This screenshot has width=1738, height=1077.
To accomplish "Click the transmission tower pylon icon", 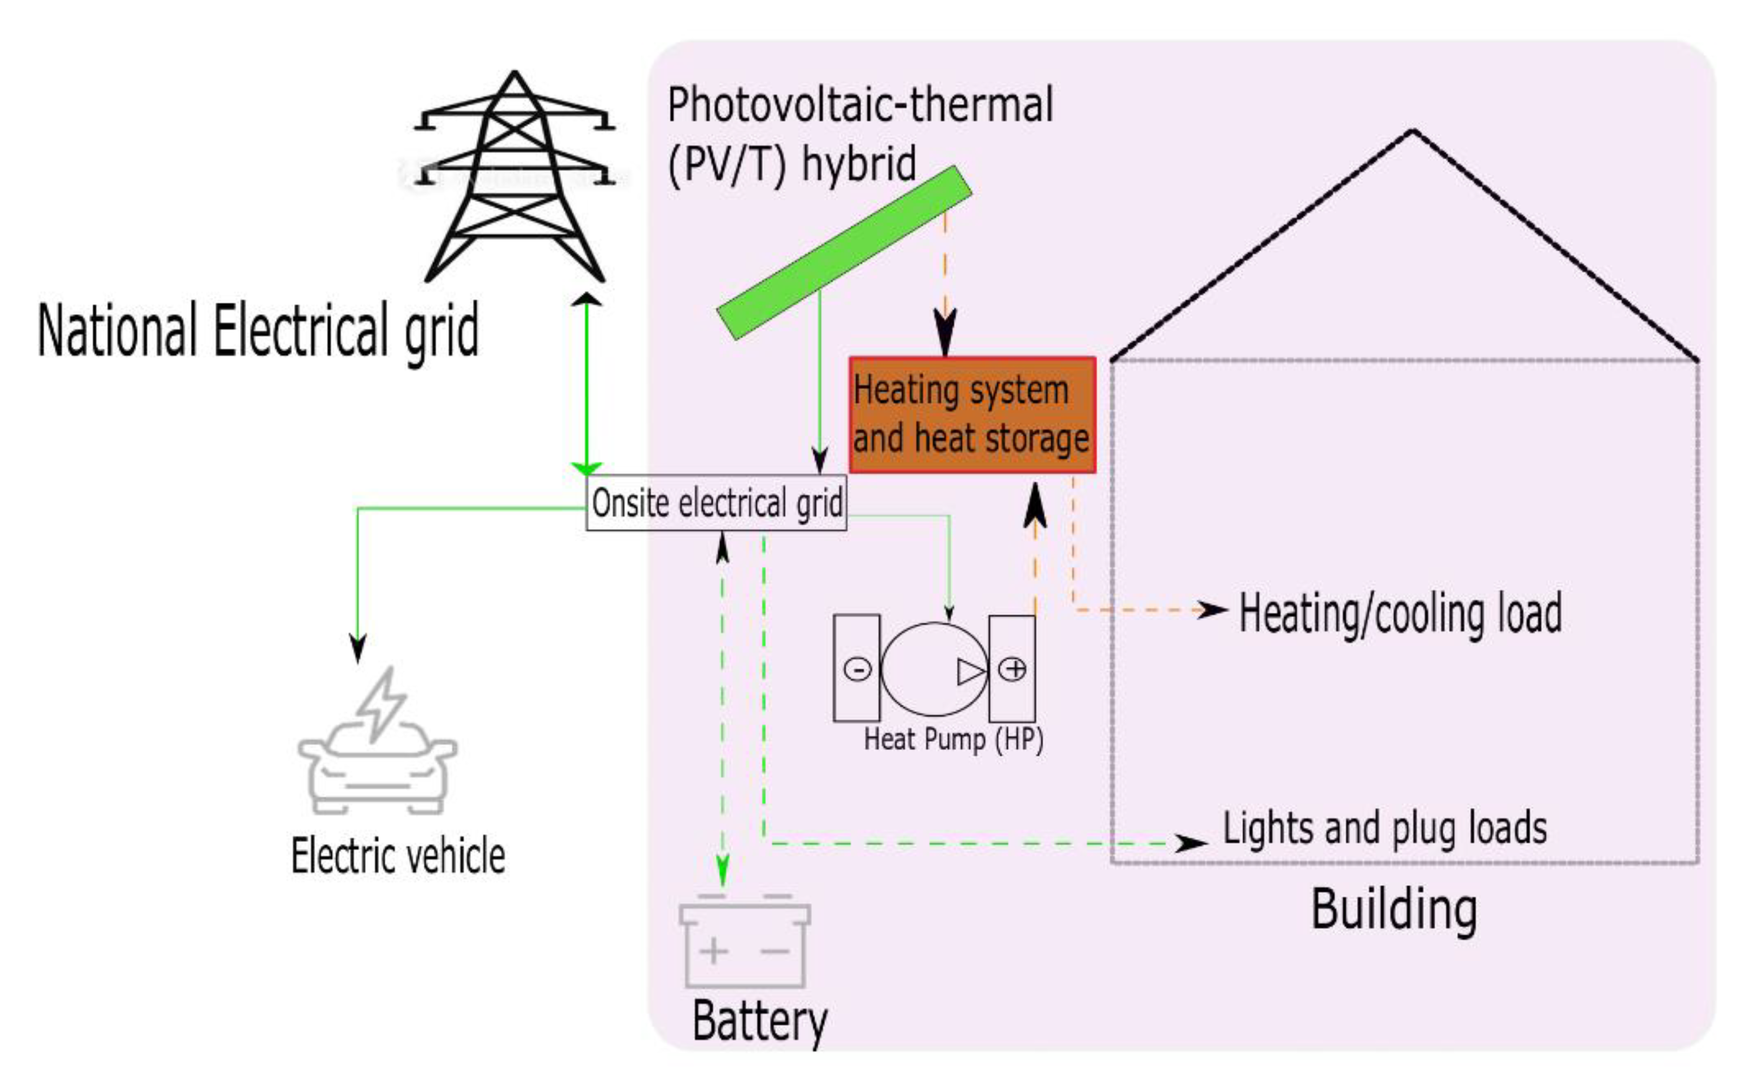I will click(515, 178).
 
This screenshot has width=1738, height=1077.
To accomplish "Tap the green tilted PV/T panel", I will click(844, 253).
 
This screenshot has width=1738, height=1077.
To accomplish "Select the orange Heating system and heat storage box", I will click(971, 414).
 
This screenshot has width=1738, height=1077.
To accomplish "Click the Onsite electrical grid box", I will click(716, 503).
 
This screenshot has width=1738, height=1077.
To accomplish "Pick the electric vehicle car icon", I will click(378, 770).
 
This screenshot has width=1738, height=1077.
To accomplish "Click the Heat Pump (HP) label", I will click(954, 739).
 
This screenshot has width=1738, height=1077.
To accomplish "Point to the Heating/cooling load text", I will click(1400, 613).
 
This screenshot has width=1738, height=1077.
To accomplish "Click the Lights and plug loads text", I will click(1384, 828).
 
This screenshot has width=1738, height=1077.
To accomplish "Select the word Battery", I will click(760, 1021).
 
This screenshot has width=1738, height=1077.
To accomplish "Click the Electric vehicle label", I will click(398, 855).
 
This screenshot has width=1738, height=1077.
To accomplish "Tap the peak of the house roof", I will click(1413, 131).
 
